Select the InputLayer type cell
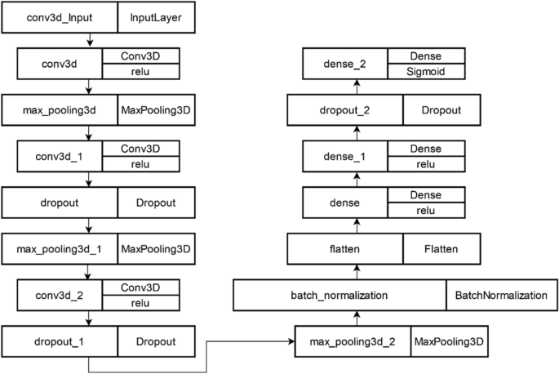tap(157, 15)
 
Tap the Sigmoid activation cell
tap(426, 72)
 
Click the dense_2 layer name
tap(345, 64)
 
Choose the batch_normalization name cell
tap(339, 295)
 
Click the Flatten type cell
tap(434, 249)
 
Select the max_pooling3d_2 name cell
tap(352, 341)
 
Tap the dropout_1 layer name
tap(59, 341)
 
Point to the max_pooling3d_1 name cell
tap(59, 249)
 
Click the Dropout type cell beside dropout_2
tap(434, 110)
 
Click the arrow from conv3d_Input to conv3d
tap(90, 38)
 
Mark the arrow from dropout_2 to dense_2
tap(355, 87)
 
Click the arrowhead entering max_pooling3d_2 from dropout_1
tap(291, 341)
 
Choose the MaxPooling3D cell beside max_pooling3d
tap(157, 110)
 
